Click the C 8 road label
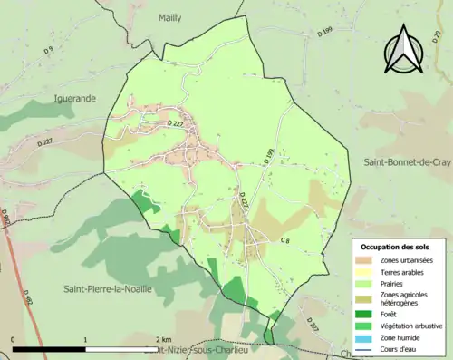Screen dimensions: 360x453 pos(285,239)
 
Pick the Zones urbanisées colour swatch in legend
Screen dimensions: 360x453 pos(368,260)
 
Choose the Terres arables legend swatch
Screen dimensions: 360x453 pos(368,272)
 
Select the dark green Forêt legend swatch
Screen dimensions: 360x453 pos(368,312)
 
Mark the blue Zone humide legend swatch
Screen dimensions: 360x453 pos(368,336)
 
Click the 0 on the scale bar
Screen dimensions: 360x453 pos(14,338)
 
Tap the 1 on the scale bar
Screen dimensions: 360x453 pos(85,338)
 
